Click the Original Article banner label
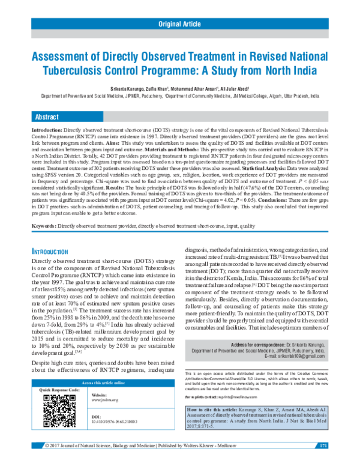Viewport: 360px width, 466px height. pyautogui.click(x=179, y=24)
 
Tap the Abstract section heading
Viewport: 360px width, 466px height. pyautogui.click(x=47, y=116)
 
